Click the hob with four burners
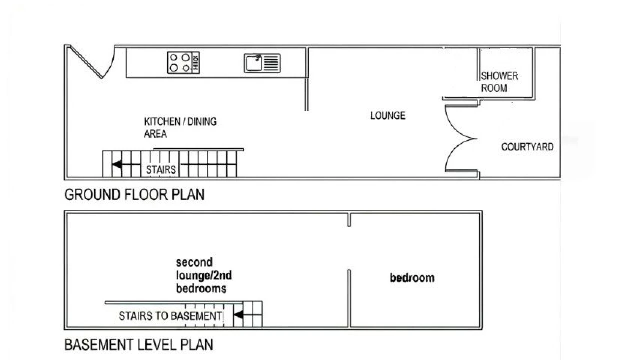(183, 63)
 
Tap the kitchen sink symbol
(262, 63)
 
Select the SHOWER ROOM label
(499, 82)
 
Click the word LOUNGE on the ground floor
(388, 115)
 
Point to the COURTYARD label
(527, 147)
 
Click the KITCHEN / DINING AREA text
(180, 127)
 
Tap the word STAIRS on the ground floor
(161, 169)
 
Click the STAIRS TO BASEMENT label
(170, 316)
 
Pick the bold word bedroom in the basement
(412, 278)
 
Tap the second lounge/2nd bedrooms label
(204, 275)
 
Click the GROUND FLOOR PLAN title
(134, 194)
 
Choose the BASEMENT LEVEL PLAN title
(139, 344)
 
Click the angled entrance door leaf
(87, 62)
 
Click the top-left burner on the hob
(174, 57)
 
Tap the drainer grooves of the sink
(271, 63)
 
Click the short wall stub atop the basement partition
(349, 220)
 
